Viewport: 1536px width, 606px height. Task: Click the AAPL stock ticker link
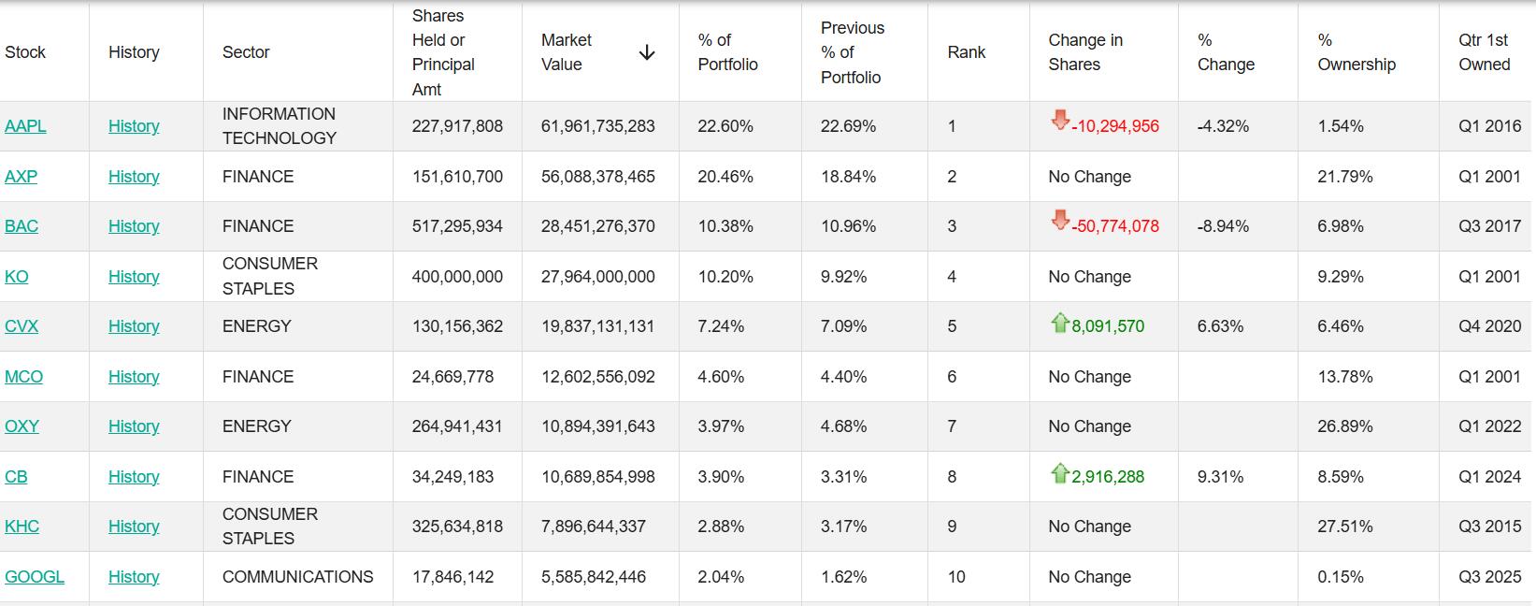25,126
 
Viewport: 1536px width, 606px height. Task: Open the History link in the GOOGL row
134,577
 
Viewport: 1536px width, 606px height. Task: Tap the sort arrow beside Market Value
646,53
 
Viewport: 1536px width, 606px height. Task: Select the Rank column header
966,52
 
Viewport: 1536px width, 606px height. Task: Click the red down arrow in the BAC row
1059,221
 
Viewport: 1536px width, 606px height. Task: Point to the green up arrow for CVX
1059,324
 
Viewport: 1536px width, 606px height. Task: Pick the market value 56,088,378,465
597,177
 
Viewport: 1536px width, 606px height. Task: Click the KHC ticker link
22,527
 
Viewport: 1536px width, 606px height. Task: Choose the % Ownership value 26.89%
1344,426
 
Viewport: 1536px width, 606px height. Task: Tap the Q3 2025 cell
1489,577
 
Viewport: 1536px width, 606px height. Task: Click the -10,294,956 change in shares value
1114,126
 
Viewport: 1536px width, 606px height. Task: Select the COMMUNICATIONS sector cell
297,577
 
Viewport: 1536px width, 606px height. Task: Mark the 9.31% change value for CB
1220,477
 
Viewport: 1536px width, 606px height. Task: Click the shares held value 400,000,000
457,277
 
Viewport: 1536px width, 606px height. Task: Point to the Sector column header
246,52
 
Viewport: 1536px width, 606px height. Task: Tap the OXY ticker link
22,426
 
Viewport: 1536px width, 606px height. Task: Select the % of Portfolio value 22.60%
725,126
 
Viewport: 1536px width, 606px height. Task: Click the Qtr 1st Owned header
1484,52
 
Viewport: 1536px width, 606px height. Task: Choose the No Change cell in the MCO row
1089,377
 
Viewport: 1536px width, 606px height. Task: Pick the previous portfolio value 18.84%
848,177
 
